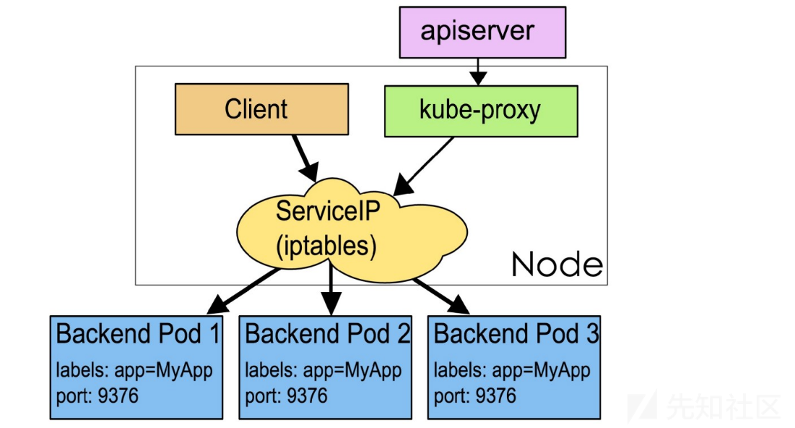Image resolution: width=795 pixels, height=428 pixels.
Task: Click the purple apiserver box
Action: tap(482, 32)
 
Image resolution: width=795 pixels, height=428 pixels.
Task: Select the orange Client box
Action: tap(261, 109)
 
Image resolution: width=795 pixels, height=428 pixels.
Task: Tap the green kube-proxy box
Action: tap(481, 111)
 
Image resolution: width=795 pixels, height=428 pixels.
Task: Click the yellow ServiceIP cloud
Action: tap(352, 230)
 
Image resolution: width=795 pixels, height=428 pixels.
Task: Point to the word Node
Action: tap(557, 265)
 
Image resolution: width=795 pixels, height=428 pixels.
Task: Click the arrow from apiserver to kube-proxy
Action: tap(477, 72)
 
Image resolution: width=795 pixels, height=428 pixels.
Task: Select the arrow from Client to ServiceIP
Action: tap(305, 158)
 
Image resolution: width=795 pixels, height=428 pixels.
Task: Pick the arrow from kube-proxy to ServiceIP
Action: tap(424, 166)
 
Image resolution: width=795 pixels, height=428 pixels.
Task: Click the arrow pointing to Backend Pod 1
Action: tap(243, 291)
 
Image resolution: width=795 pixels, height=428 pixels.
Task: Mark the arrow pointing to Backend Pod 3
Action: tap(441, 296)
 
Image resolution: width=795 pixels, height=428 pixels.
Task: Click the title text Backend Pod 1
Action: tap(138, 333)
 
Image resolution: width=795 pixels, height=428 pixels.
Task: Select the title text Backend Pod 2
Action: tap(327, 333)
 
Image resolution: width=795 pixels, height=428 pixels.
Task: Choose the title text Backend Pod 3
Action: tap(516, 333)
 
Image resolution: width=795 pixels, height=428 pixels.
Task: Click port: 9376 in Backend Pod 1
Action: tap(97, 395)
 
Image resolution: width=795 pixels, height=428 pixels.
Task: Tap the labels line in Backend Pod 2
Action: tap(323, 371)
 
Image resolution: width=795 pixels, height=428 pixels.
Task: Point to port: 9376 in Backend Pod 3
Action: tap(474, 395)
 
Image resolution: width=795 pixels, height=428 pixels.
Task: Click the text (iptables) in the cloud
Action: tap(326, 247)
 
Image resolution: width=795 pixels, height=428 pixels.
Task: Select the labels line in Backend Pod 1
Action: tap(134, 371)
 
